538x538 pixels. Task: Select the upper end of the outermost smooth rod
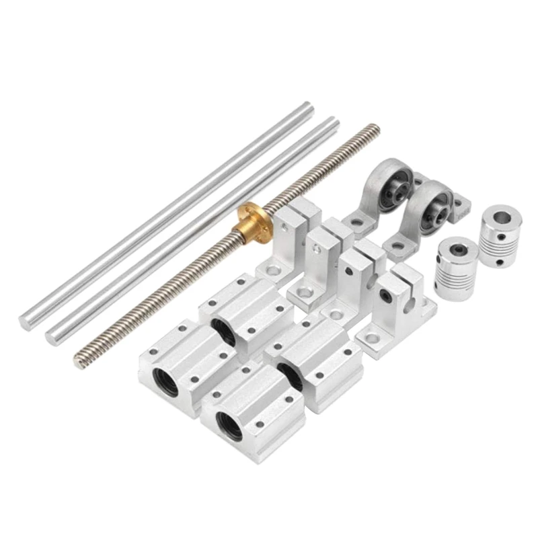[308, 106]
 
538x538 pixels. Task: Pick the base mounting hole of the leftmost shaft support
[273, 272]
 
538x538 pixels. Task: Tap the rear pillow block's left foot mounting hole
[356, 222]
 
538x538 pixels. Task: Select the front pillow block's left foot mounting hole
[396, 245]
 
